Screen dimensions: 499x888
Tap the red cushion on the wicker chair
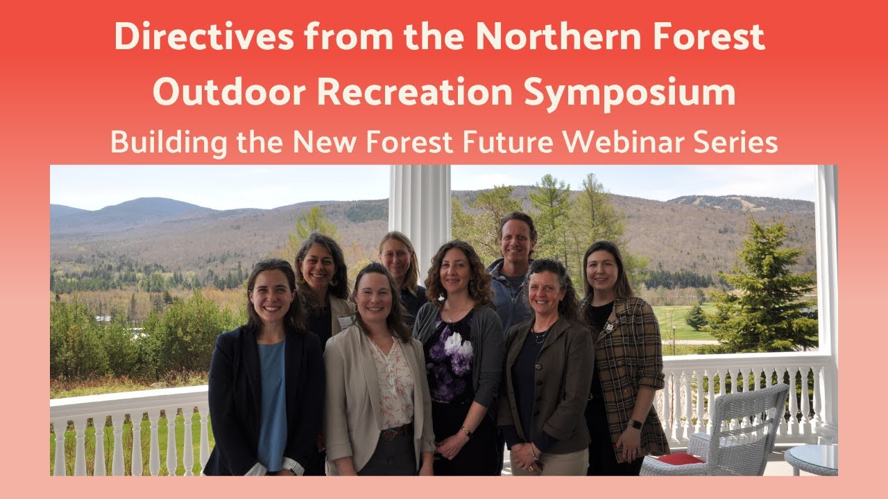tap(681, 459)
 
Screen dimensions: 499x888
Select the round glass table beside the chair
tap(811, 459)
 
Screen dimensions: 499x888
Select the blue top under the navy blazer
tap(271, 402)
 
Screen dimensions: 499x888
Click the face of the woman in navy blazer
tap(270, 295)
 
